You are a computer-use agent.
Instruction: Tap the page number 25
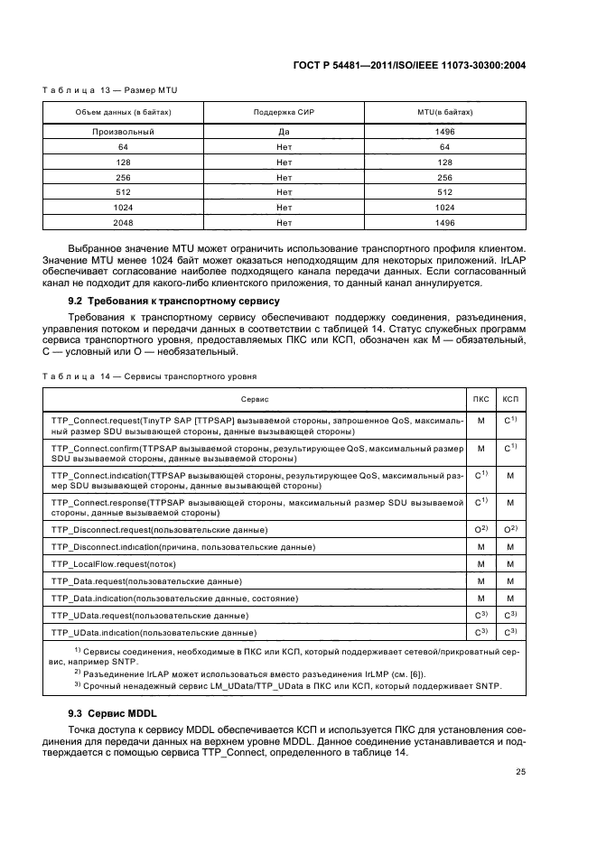pos(520,771)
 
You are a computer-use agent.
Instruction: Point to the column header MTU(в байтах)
pos(444,112)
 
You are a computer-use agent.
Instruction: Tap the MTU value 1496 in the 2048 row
pos(444,221)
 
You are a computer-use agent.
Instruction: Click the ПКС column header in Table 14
pos(481,398)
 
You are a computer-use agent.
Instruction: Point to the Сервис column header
pos(255,398)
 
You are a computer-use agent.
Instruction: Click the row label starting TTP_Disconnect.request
pos(160,528)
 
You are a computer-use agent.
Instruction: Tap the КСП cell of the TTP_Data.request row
pos(510,580)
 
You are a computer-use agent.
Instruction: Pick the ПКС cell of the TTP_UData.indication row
pos(481,632)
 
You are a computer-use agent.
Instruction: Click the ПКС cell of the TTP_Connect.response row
pos(481,502)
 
